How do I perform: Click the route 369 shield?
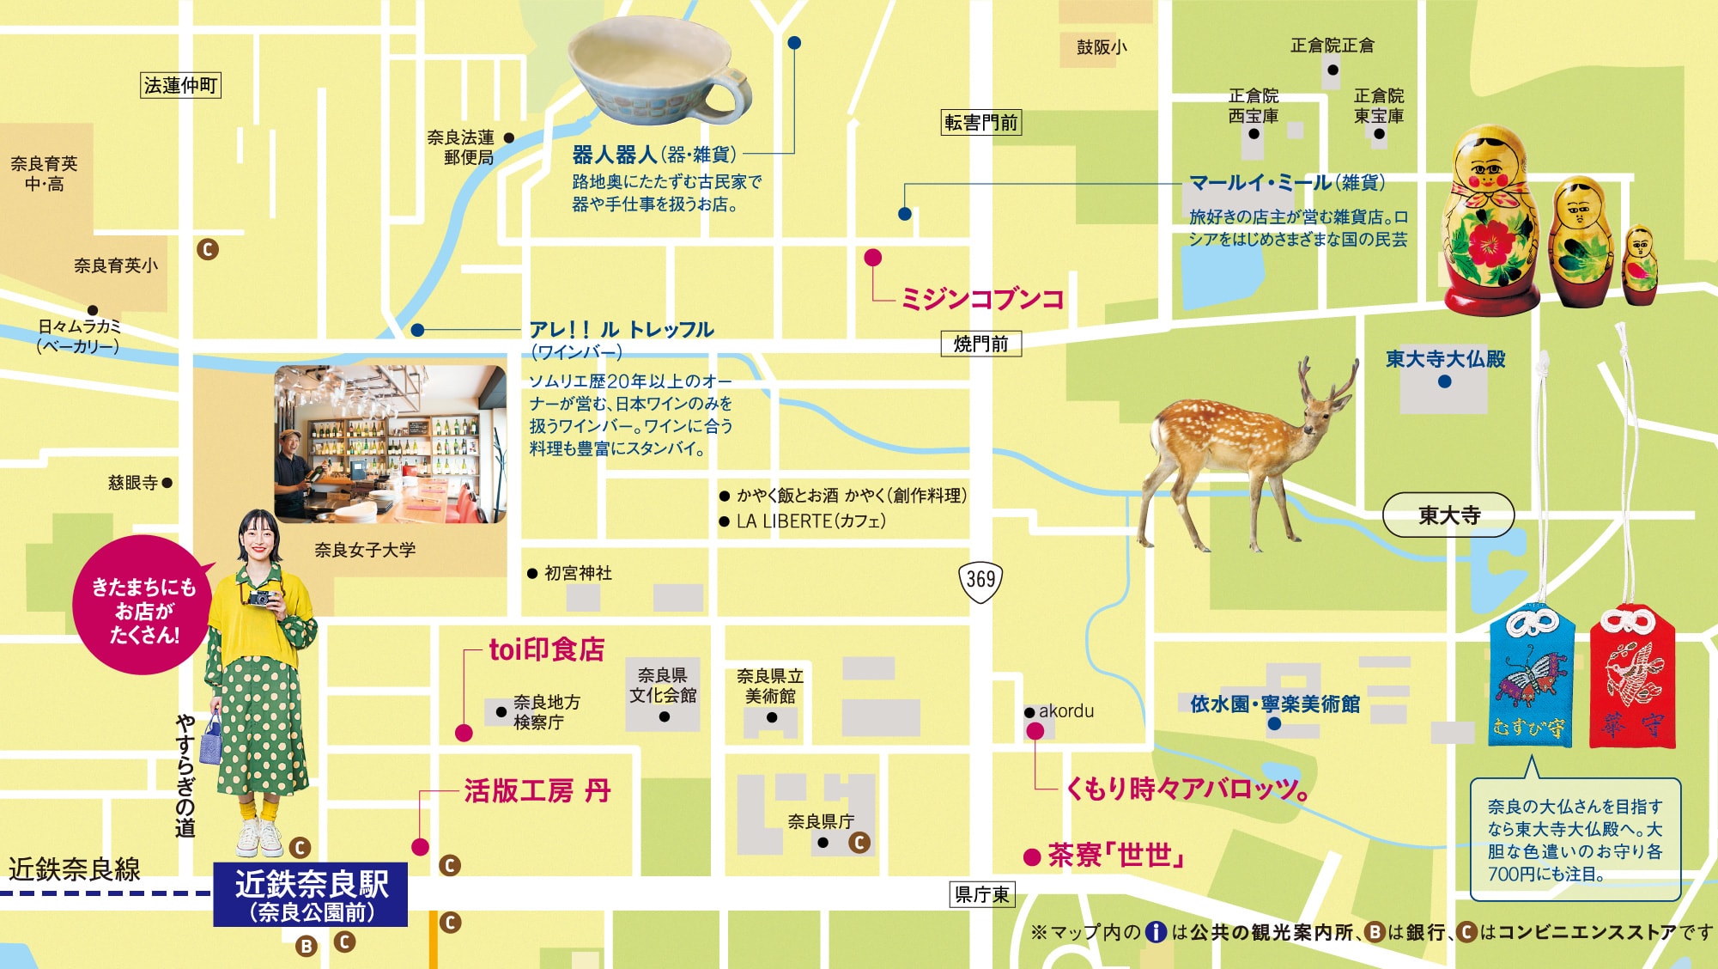[980, 580]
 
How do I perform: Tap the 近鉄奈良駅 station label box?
[311, 895]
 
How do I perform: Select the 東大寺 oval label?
[1448, 515]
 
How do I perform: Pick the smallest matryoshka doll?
[1640, 265]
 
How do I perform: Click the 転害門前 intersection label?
[981, 123]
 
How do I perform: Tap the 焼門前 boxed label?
[980, 344]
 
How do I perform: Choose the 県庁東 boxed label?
[982, 894]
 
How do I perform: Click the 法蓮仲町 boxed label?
[180, 85]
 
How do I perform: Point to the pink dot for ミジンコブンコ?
[873, 257]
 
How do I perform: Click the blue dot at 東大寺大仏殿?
[1445, 381]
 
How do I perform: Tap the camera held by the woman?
[263, 597]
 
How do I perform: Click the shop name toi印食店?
[547, 649]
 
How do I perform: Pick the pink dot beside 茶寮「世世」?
[1032, 856]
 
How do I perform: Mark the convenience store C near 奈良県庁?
[859, 843]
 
